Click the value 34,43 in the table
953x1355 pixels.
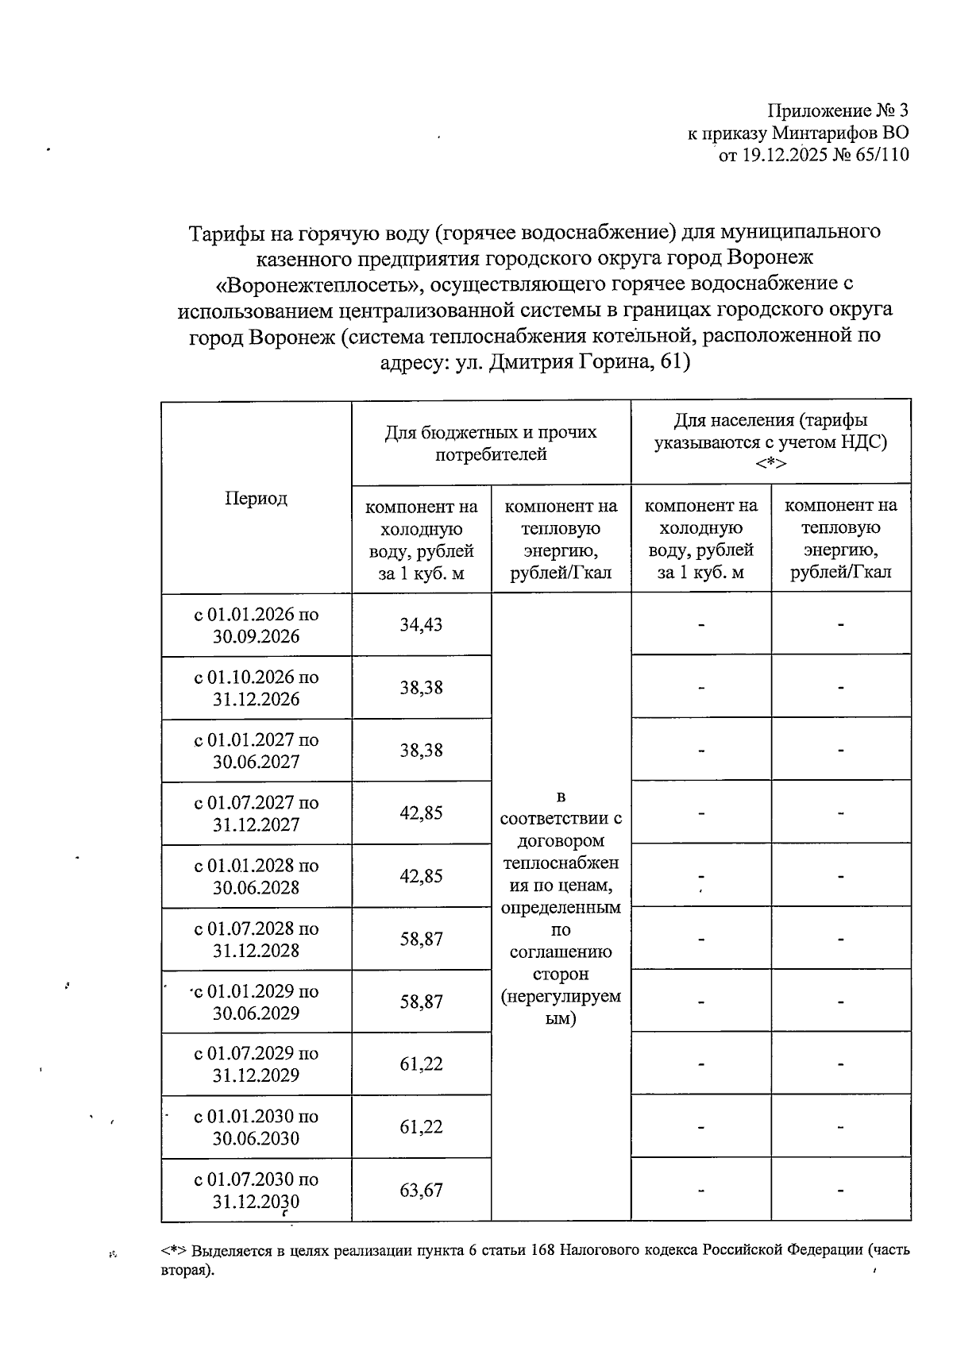tap(421, 625)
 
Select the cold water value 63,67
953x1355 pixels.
tap(421, 1191)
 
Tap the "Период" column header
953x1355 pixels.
tap(256, 499)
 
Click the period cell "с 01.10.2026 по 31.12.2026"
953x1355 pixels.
tap(256, 689)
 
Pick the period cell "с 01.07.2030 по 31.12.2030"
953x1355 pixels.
tap(256, 1191)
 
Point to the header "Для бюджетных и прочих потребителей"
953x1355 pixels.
tap(491, 443)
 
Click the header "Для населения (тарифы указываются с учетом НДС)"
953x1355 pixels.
tap(770, 431)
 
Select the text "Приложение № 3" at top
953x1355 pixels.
tap(837, 110)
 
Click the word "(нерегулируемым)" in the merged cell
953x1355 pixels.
tap(561, 1007)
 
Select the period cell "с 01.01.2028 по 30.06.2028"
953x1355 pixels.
tap(256, 877)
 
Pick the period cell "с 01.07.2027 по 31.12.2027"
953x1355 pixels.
tap(256, 814)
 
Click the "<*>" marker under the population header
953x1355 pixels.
tap(770, 465)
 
